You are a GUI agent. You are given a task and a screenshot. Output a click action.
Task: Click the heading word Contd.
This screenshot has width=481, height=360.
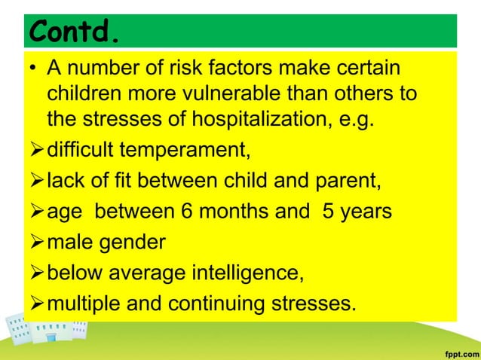click(x=75, y=32)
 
